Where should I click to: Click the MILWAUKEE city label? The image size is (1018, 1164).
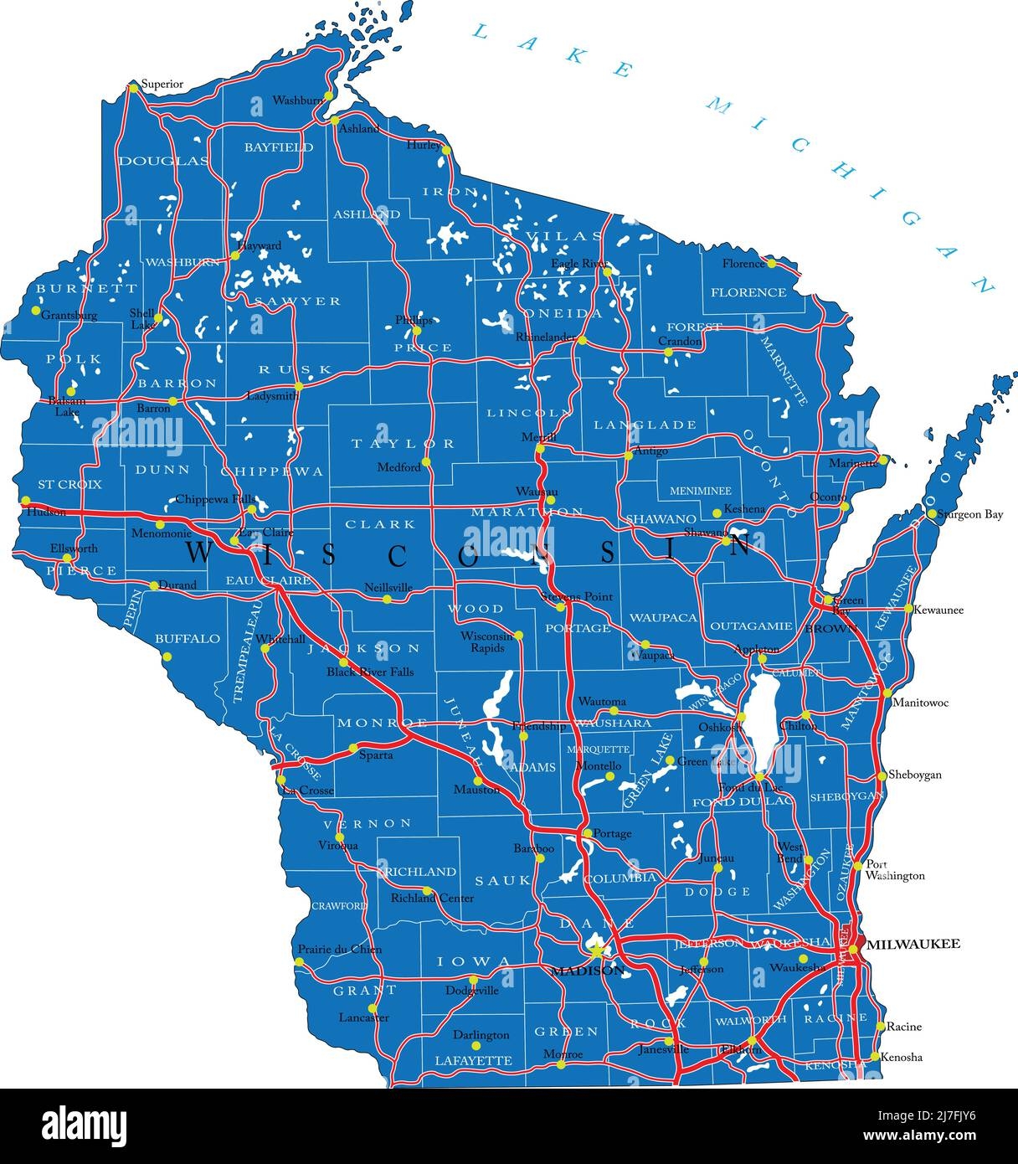tap(913, 943)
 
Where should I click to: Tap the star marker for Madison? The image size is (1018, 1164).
tap(596, 951)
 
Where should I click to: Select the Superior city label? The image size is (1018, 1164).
tap(162, 84)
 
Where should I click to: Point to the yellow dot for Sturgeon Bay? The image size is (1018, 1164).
tap(932, 514)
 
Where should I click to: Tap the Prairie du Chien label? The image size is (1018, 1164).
tap(339, 949)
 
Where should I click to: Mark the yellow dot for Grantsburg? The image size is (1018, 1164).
tap(35, 310)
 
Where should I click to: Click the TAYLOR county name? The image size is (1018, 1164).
tap(403, 443)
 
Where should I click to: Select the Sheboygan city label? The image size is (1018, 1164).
tap(914, 775)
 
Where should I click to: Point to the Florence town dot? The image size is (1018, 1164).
tap(771, 263)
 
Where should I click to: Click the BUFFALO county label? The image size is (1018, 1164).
tap(188, 639)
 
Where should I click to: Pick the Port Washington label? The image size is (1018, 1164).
tap(894, 870)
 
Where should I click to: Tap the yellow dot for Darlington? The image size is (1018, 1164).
tap(476, 1045)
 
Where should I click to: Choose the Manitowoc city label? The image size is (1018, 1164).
tap(921, 703)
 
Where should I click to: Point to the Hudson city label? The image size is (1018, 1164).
tap(45, 512)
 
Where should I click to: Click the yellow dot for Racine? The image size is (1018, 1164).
tap(881, 1027)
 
